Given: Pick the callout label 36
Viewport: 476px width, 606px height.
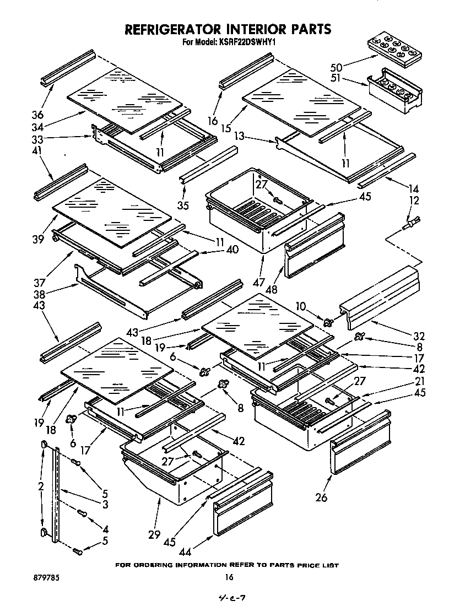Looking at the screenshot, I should [37, 115].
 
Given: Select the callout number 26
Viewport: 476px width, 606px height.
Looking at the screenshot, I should [321, 498].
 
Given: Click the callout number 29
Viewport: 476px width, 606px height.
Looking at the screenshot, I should [154, 534].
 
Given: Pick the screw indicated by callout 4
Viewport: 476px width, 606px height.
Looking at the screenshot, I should [83, 513].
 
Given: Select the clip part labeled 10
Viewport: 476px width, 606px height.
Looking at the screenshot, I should [329, 322].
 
